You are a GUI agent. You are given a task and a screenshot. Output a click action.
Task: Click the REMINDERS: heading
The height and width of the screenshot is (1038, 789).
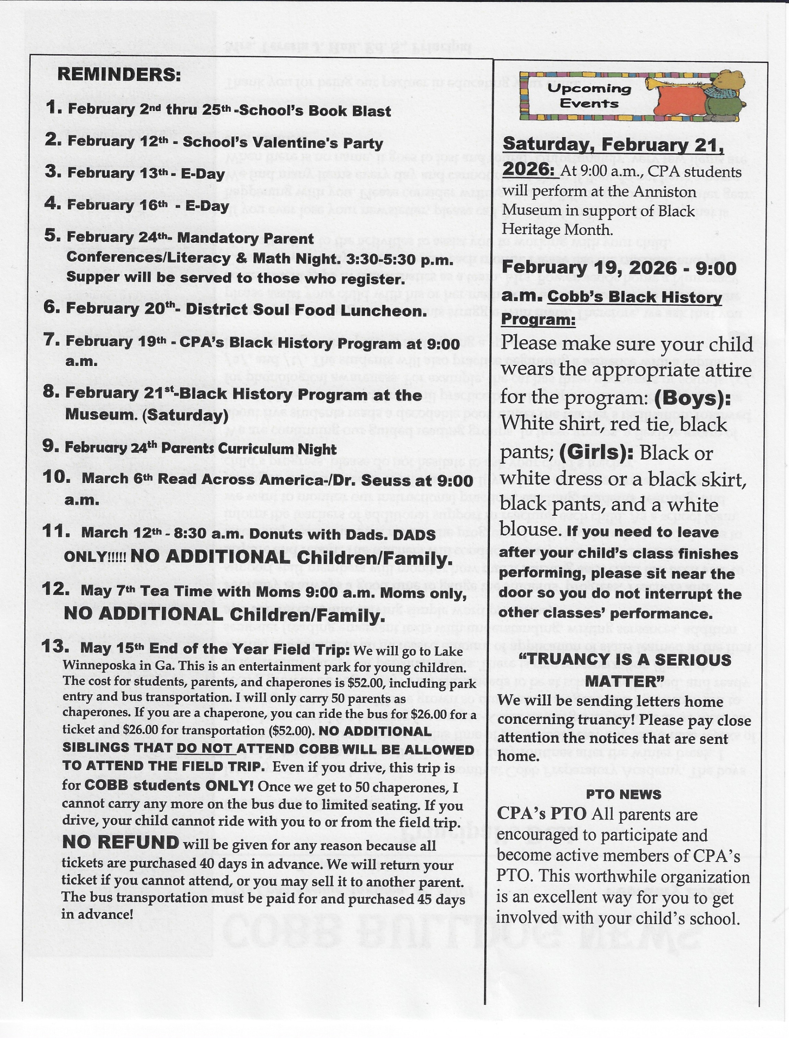(119, 75)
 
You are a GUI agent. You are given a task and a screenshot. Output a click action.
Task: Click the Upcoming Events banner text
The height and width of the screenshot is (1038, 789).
(590, 96)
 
